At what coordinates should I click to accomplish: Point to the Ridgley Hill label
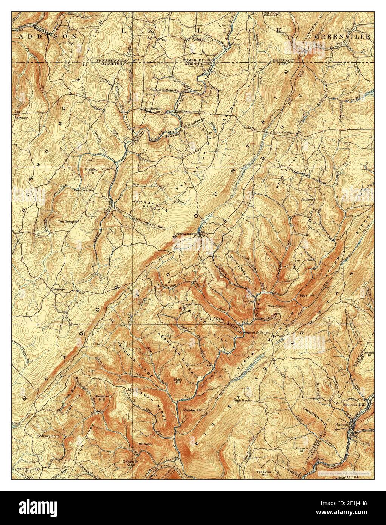[91, 171]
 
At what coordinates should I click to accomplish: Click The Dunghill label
[68, 221]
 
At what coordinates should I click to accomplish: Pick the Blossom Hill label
[101, 398]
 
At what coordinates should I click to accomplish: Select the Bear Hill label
[306, 295]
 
